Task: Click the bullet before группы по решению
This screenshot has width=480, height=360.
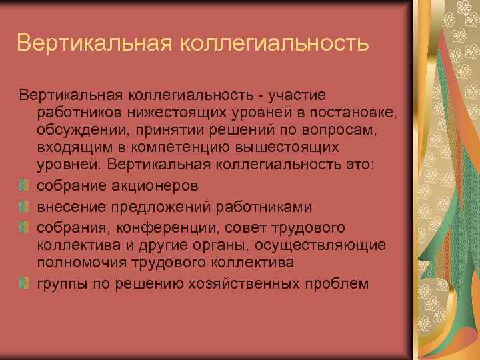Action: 24,283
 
